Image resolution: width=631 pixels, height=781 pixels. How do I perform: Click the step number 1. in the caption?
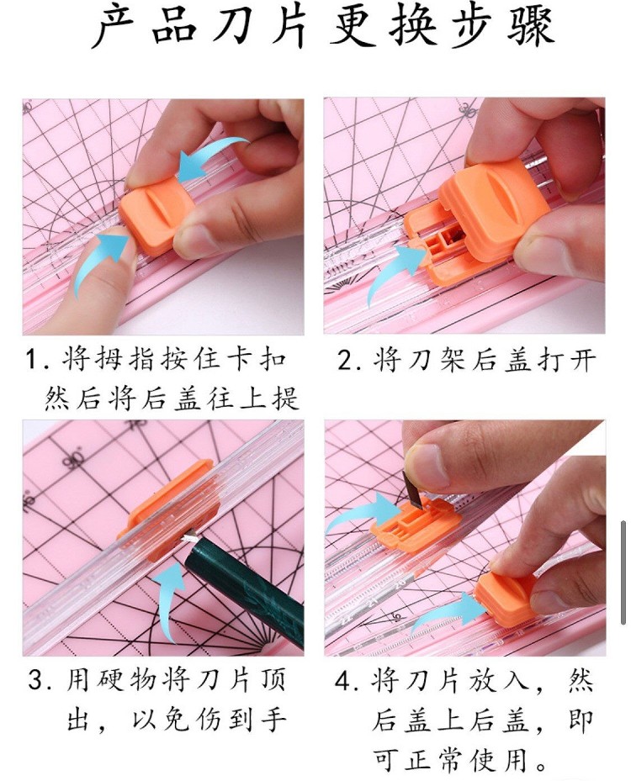tap(37, 360)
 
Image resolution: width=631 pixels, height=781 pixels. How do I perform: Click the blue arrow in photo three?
tap(169, 598)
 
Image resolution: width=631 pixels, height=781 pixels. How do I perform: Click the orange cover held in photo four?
tap(505, 599)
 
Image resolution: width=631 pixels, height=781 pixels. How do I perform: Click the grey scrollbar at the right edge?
tap(623, 573)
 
